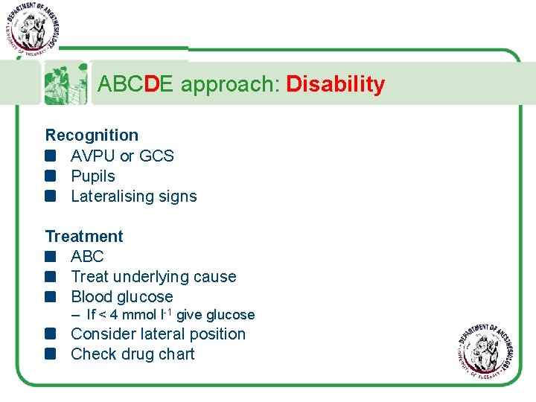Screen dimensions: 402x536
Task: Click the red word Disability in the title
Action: tap(335, 84)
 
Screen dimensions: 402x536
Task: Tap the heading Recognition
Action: tap(92, 135)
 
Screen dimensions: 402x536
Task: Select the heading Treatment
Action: tap(84, 237)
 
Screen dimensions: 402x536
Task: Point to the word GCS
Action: tap(156, 156)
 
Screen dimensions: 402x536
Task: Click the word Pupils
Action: tap(93, 176)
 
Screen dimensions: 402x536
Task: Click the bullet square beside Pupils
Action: tap(51, 176)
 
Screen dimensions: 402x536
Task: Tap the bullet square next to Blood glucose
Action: tap(51, 297)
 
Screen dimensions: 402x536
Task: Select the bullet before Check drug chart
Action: tap(51, 354)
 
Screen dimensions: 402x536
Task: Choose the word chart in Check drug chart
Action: tap(175, 354)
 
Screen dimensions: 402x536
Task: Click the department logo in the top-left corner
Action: tap(31, 28)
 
